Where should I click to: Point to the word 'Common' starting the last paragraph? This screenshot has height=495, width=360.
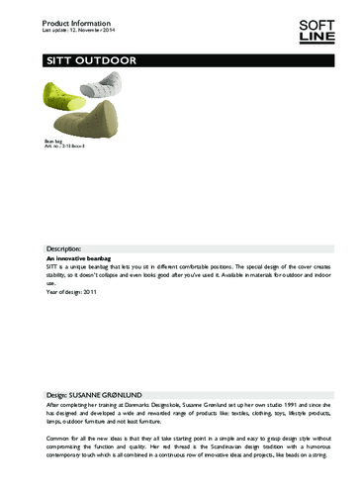coord(58,438)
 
